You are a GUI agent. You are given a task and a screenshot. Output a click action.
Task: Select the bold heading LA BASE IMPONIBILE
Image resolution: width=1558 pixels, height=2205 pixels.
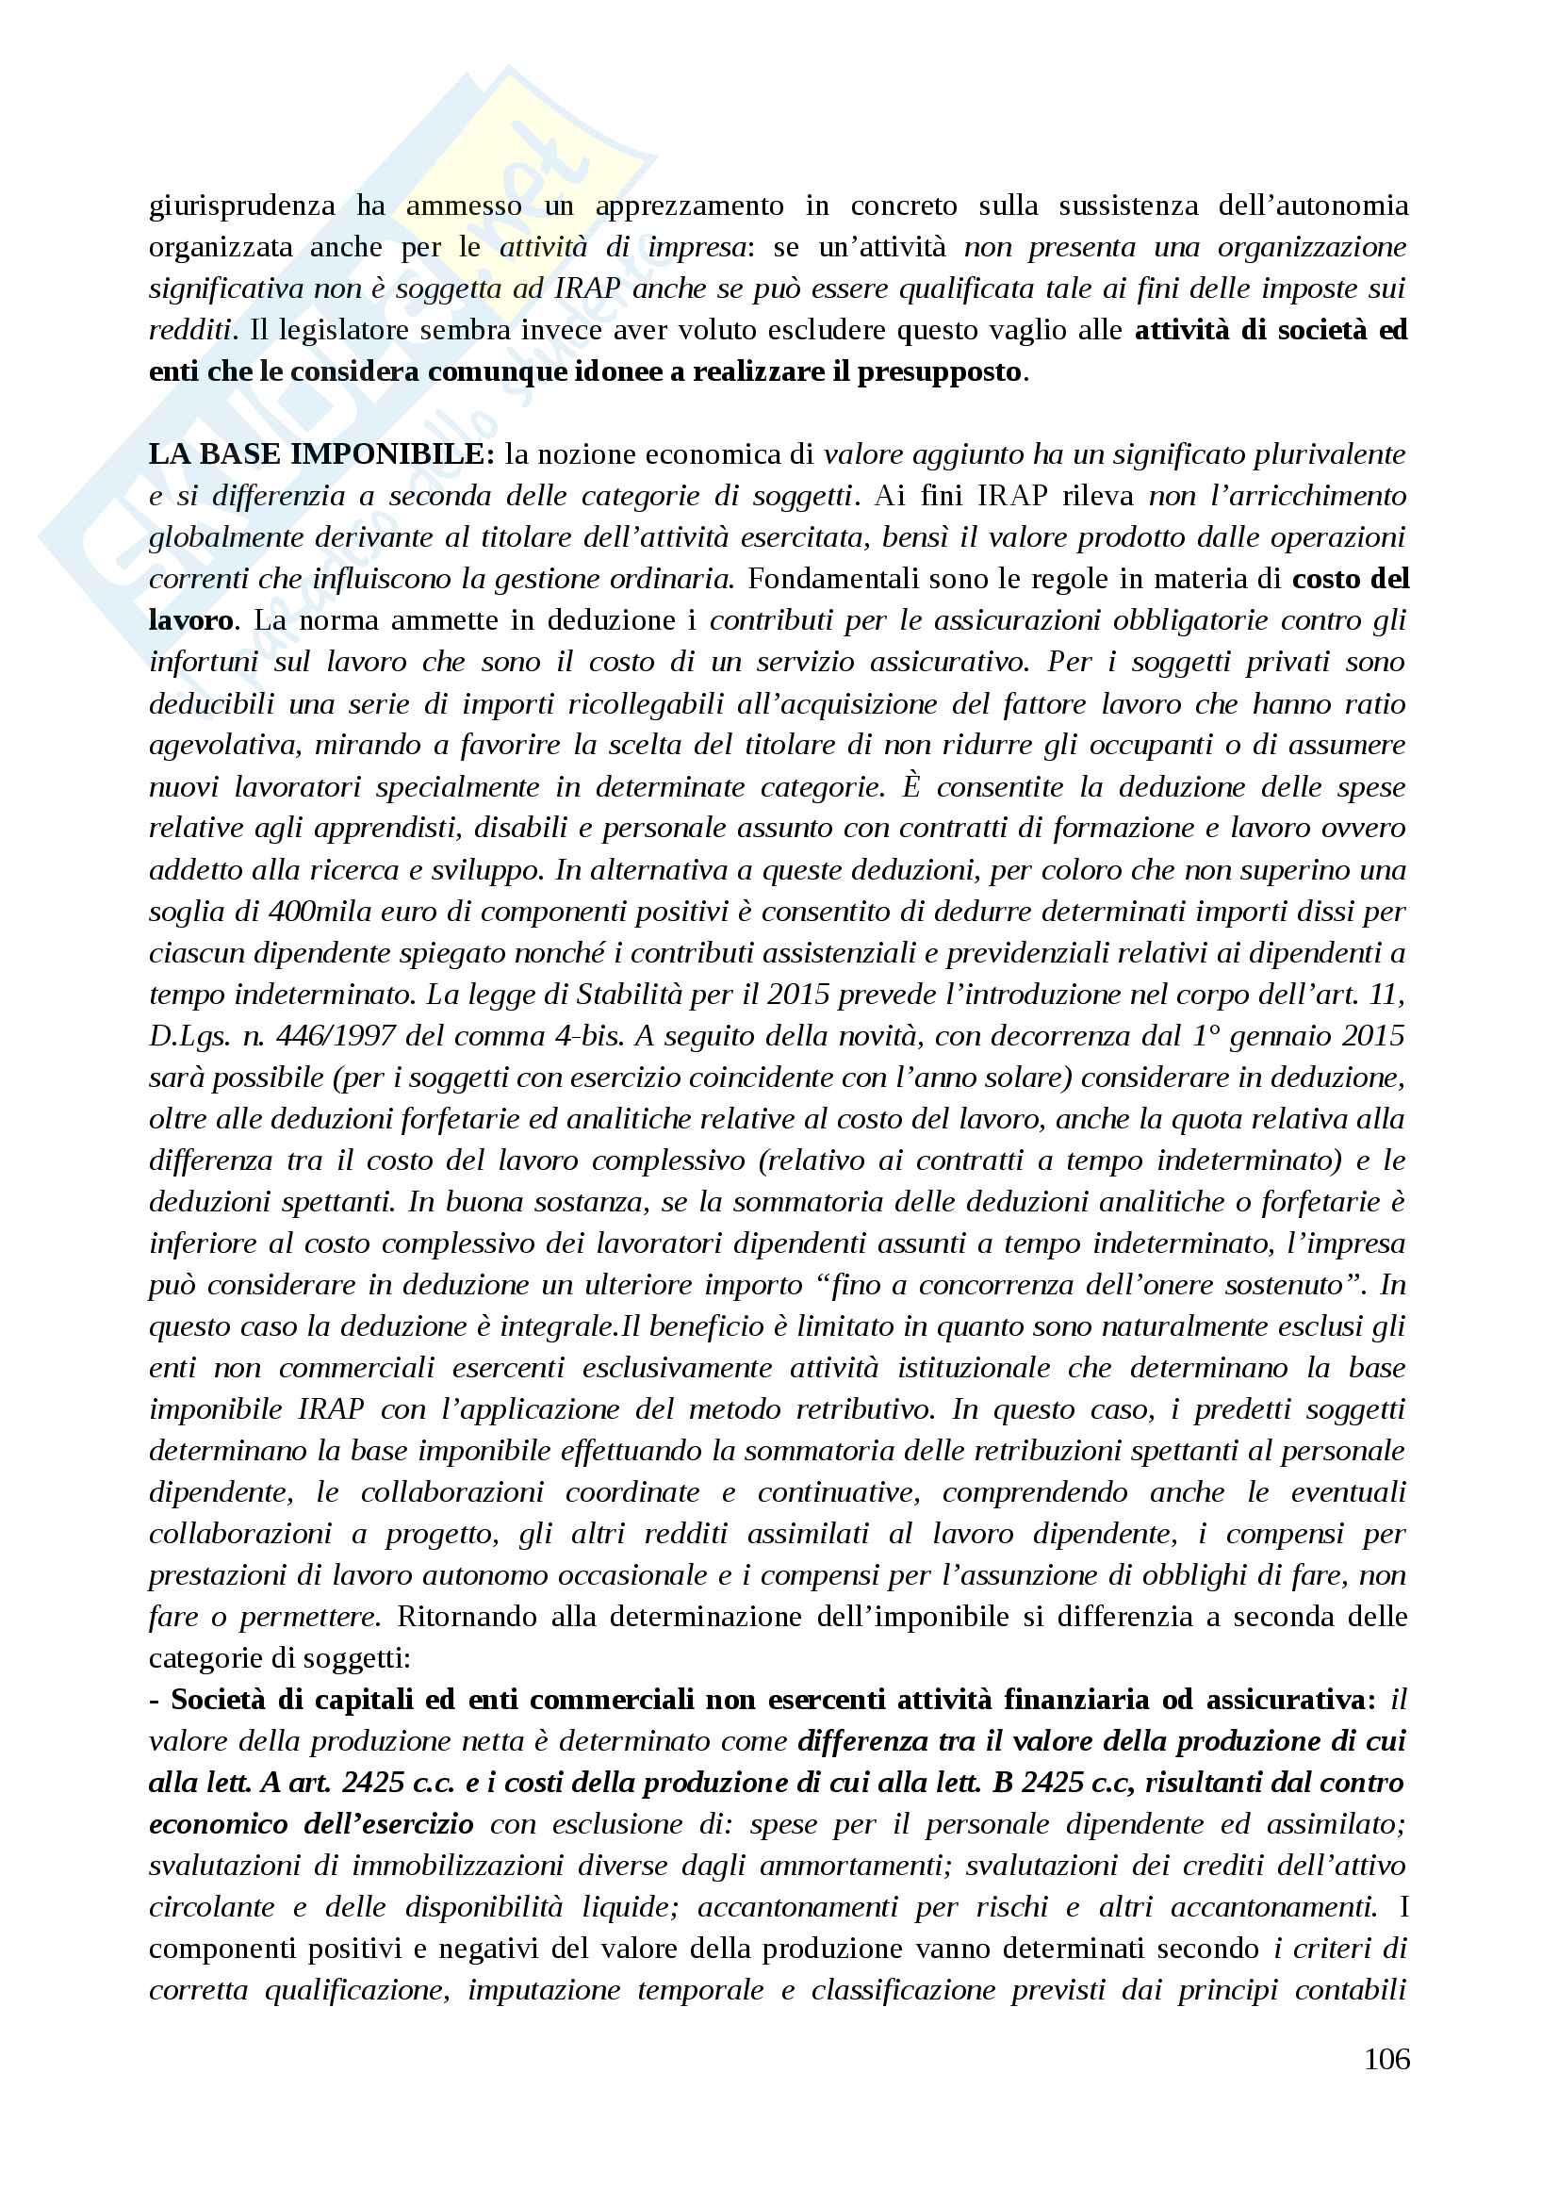321,454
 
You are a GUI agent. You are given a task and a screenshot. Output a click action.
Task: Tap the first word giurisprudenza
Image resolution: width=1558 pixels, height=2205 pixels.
242,206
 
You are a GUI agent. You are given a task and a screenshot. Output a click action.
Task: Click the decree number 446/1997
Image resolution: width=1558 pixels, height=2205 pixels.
335,1036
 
